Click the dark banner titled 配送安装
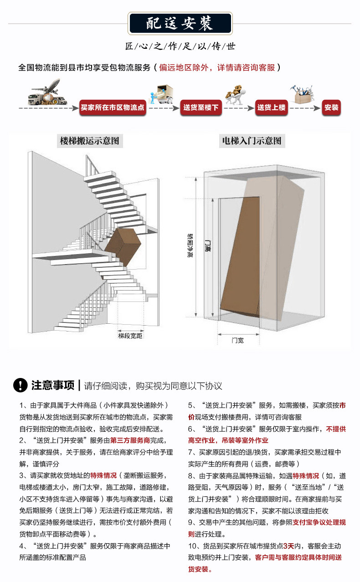point(180,23)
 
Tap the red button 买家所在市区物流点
point(112,108)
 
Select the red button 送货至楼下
point(201,108)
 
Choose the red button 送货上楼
point(271,108)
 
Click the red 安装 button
point(331,108)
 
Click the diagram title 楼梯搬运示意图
point(89,141)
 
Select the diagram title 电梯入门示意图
point(252,141)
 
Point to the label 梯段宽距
point(130,336)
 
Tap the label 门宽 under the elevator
point(237,340)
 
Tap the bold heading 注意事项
point(53,385)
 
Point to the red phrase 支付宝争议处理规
point(319,523)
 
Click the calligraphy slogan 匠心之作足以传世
point(180,46)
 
